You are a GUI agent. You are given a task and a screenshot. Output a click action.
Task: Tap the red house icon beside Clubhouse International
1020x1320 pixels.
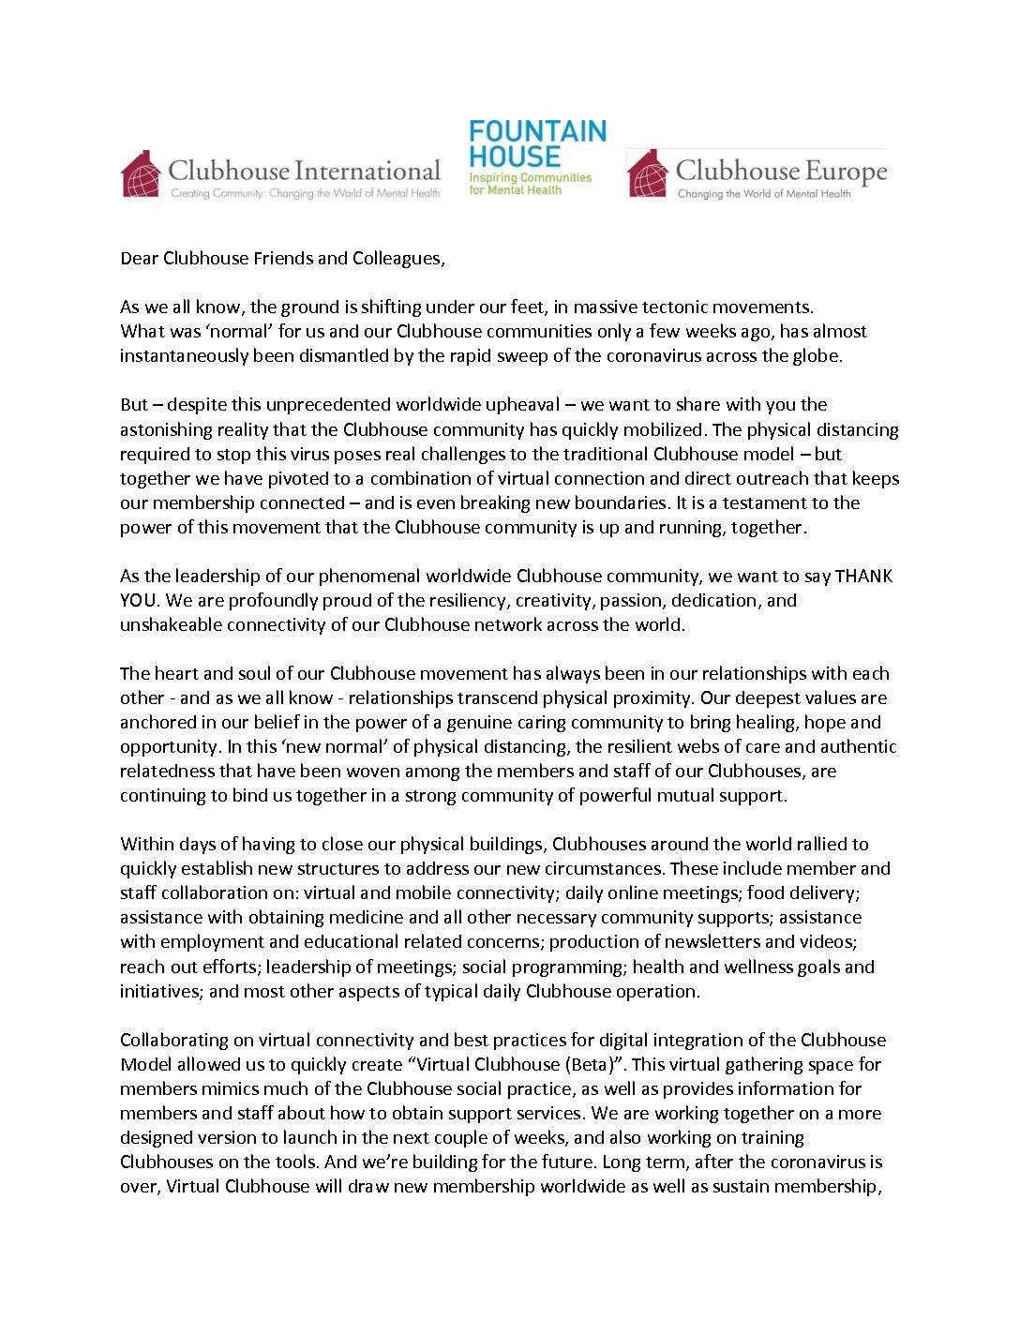141,173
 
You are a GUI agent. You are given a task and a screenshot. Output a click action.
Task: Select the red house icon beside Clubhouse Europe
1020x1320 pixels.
647,173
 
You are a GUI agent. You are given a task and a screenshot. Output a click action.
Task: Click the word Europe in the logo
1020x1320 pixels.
846,172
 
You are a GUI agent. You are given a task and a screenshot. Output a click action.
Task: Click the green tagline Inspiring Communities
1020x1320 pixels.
530,177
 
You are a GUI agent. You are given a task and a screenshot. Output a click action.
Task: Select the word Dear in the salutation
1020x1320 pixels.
139,258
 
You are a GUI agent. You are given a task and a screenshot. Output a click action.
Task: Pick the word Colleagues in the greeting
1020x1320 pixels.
397,258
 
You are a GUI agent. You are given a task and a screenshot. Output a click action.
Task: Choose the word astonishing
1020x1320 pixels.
165,429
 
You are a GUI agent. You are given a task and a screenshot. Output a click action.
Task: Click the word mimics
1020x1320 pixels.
230,1088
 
